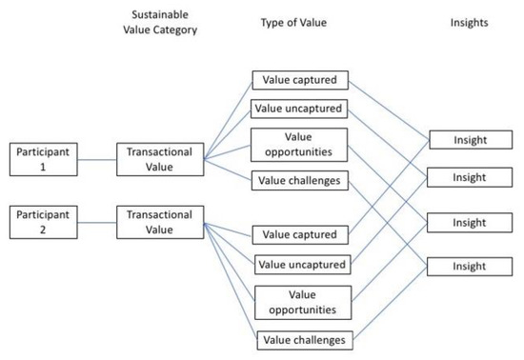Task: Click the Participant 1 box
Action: pos(42,157)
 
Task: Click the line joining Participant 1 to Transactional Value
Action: pos(95,157)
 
